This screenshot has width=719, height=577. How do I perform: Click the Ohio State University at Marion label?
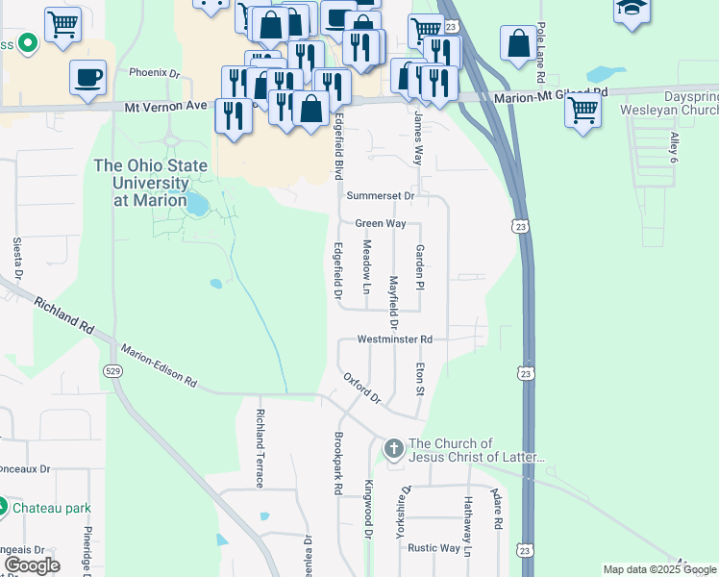pos(152,183)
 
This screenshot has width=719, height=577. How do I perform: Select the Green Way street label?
pos(381,223)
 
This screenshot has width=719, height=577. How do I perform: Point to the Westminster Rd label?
pos(395,339)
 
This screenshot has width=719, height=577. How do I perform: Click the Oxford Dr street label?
pos(362,387)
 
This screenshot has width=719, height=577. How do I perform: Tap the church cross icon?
pos(393,449)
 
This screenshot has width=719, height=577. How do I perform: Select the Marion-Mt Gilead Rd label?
pos(553,94)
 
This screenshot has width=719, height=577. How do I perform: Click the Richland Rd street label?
pos(64,315)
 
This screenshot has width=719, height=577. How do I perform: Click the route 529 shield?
pos(112,371)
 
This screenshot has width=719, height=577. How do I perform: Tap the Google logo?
pos(32,565)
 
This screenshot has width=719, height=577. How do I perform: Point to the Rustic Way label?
pos(434,548)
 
